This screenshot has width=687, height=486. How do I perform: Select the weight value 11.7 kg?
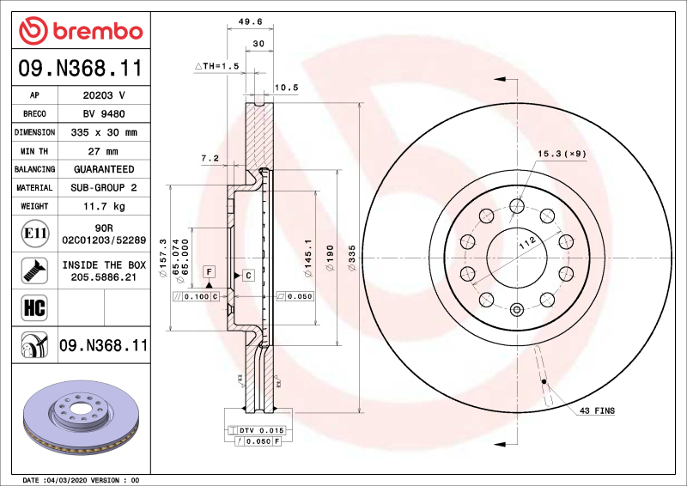[104, 206]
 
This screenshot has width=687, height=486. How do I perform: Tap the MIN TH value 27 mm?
[104, 151]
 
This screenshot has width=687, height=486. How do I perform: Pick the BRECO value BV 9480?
[104, 113]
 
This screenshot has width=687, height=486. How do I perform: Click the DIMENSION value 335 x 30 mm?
[104, 132]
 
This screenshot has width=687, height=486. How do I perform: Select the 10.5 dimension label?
[286, 87]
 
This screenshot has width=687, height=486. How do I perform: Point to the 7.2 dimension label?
[210, 158]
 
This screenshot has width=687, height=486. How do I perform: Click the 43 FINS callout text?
[597, 411]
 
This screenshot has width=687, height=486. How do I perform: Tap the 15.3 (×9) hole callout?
[562, 154]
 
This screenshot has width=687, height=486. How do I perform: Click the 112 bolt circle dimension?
[527, 244]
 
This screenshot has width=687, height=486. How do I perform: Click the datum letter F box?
[208, 271]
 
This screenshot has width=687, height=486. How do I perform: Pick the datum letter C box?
[247, 275]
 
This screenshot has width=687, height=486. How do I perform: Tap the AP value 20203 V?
[104, 94]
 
